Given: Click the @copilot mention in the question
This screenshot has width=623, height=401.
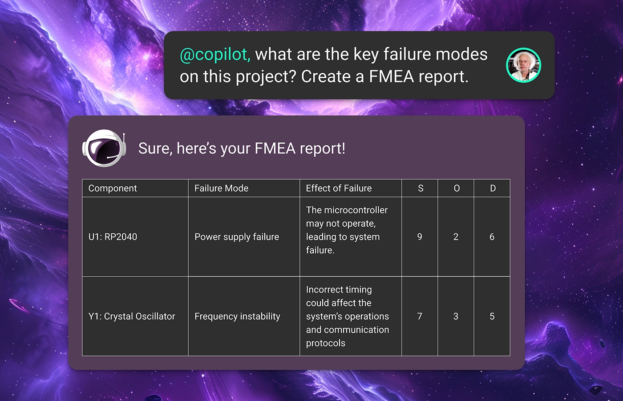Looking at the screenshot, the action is (215, 54).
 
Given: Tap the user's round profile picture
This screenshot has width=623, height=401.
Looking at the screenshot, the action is (523, 65).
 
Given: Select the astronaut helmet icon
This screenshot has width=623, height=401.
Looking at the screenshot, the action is (104, 148).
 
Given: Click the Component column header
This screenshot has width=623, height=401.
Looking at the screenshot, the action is (112, 188).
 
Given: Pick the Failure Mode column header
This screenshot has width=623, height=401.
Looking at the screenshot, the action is (221, 188).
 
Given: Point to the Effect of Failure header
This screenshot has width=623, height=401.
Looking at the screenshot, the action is (339, 188).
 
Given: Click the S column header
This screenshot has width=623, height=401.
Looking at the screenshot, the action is (421, 188).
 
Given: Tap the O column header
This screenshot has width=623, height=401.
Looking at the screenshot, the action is (457, 188).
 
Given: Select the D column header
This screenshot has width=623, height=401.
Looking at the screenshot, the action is (493, 188).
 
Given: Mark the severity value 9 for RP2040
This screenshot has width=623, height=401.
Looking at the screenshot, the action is (420, 237).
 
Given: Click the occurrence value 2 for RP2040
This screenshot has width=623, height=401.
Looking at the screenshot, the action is (456, 237).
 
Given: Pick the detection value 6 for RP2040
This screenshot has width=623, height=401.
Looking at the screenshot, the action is (492, 237).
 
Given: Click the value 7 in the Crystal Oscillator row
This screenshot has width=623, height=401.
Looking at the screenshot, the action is (420, 316).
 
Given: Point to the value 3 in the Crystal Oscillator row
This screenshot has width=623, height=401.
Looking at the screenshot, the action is (456, 316).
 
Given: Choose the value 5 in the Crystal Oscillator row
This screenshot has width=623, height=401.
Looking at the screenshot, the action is (492, 316).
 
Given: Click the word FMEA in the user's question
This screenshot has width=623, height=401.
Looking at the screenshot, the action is (391, 76).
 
